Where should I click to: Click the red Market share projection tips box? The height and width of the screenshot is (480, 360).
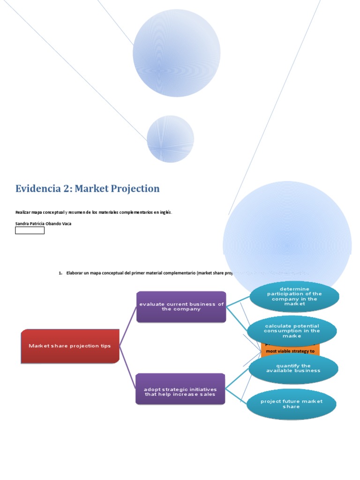(x=70, y=346)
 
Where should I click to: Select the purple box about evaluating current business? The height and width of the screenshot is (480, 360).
(x=181, y=307)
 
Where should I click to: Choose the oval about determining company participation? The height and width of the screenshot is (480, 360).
(x=294, y=296)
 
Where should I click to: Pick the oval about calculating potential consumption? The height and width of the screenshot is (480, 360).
(x=292, y=331)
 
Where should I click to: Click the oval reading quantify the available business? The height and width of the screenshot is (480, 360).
(x=293, y=368)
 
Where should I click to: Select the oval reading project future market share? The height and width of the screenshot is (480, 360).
(x=291, y=404)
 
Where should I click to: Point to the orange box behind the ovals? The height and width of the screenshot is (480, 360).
(x=291, y=350)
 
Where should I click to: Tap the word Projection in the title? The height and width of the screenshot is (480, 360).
(x=137, y=188)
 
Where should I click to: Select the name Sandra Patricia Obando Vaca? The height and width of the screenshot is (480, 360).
(x=44, y=224)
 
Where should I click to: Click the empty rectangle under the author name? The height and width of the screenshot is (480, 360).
(x=30, y=231)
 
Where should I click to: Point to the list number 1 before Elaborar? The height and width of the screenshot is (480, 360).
(x=60, y=273)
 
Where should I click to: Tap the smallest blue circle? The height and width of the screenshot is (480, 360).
(x=170, y=139)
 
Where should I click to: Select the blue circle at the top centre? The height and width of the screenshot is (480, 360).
(x=177, y=53)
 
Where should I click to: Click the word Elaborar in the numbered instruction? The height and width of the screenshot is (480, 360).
(x=76, y=273)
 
